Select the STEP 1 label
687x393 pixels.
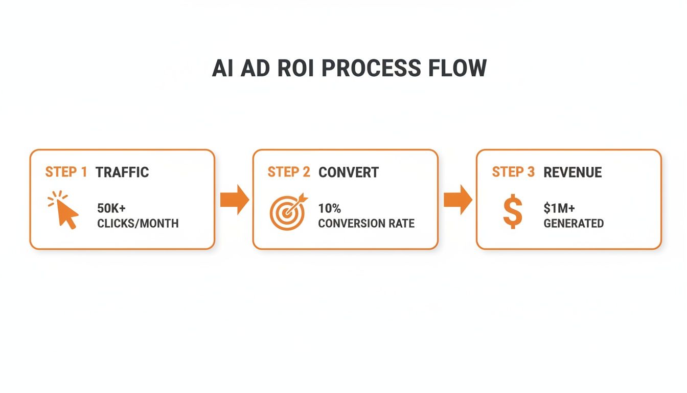pyautogui.click(x=66, y=172)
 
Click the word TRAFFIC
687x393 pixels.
pyautogui.click(x=122, y=172)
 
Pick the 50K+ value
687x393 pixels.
pyautogui.click(x=111, y=209)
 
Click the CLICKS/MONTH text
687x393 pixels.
pyautogui.click(x=138, y=224)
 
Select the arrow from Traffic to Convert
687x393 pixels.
pyautogui.click(x=234, y=200)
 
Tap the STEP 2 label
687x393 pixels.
pyautogui.click(x=289, y=172)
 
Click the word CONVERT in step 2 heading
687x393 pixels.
pyautogui.click(x=349, y=172)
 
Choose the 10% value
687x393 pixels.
pyautogui.click(x=329, y=209)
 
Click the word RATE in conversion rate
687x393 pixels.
pyautogui.click(x=401, y=224)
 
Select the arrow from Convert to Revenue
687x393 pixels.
pyautogui.click(x=457, y=200)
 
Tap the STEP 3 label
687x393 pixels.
pyautogui.click(x=513, y=172)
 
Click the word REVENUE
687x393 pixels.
pyautogui.click(x=572, y=172)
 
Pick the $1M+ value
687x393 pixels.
pyautogui.click(x=559, y=209)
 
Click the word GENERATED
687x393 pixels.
pyautogui.click(x=574, y=224)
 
